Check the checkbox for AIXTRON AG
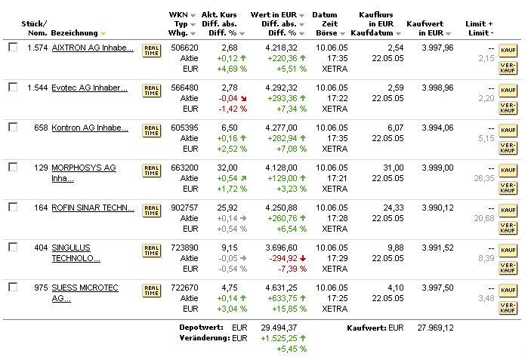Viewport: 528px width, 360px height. [x=13, y=47]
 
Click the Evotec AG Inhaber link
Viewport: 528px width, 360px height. [x=89, y=88]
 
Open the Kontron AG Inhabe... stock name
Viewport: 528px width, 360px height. [x=89, y=128]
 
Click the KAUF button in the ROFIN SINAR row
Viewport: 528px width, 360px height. [x=508, y=211]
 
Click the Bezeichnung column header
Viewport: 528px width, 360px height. [x=76, y=33]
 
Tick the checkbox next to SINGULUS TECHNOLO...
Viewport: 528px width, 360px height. [x=13, y=247]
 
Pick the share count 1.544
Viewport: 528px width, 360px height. [x=36, y=88]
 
